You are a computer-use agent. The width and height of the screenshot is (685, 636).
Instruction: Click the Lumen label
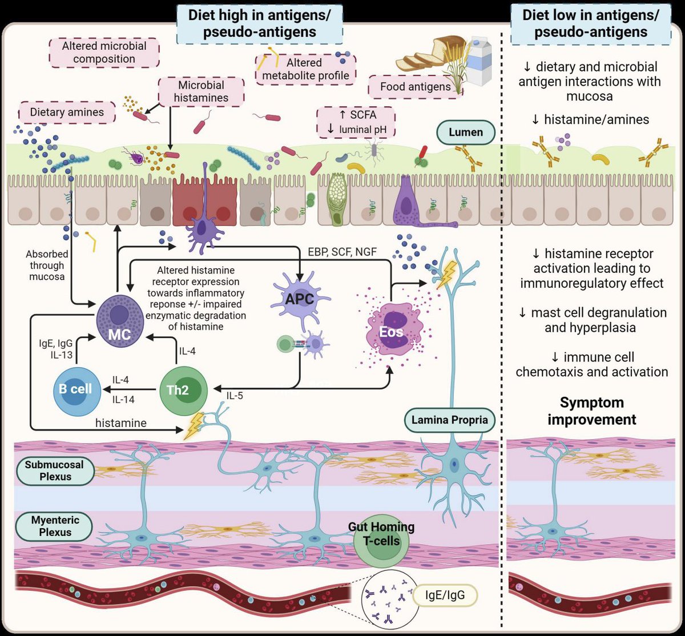(x=466, y=132)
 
